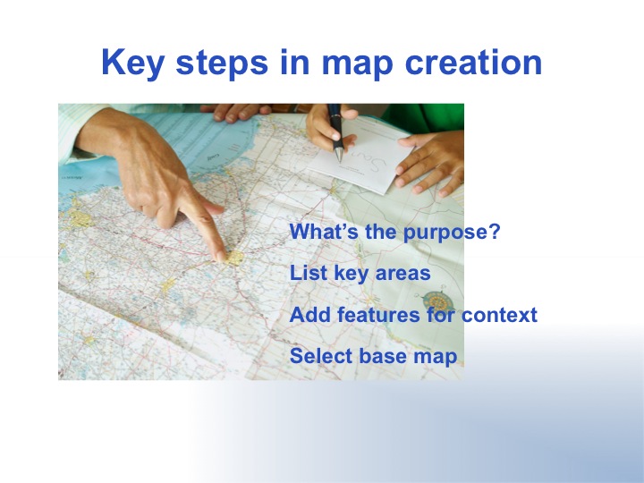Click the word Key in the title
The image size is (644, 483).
point(132,63)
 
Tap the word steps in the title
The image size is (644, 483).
point(222,63)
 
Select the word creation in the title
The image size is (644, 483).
point(473,62)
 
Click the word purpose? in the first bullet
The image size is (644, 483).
point(452,233)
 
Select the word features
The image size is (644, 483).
point(378,315)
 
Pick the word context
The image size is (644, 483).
point(499,315)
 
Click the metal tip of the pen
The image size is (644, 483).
point(339,160)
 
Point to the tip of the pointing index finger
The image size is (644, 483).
point(220,257)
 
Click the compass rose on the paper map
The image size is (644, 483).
point(437,302)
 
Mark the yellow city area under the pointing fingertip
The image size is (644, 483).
point(235,258)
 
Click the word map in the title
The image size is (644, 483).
point(357,65)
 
